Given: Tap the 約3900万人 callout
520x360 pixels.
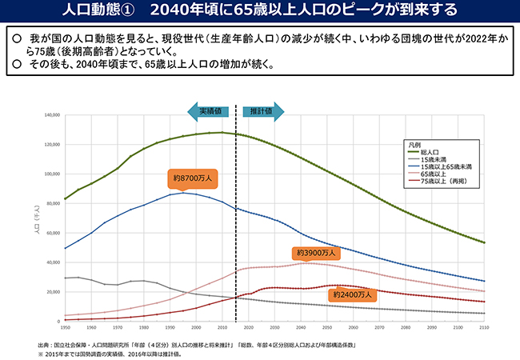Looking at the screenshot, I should tap(316, 253).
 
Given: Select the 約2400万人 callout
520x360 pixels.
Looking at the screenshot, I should tap(350, 295).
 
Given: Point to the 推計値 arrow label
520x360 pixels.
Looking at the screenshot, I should tap(260, 111).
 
